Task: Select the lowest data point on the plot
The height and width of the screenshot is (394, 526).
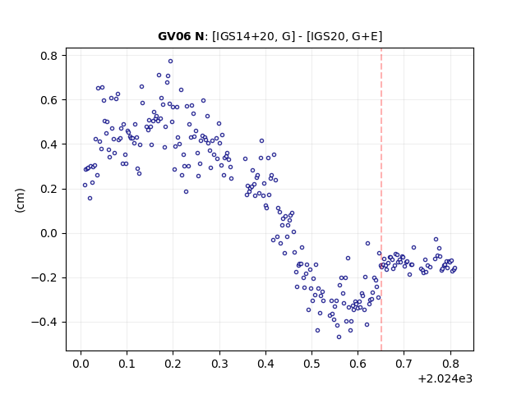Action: [x=339, y=337]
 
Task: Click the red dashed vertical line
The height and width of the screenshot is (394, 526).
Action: [x=381, y=199]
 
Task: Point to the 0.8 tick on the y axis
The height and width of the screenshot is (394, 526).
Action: [x=64, y=55]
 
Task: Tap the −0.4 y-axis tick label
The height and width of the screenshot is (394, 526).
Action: [x=44, y=323]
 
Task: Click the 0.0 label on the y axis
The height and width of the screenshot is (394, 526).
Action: [x=49, y=233]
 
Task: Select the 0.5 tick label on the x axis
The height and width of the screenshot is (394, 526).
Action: [x=311, y=364]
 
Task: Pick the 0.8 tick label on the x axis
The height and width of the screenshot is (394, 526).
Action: [x=450, y=364]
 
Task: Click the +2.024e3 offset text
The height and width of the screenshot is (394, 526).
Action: [x=445, y=378]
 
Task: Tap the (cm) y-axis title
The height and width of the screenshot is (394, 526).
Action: [x=20, y=200]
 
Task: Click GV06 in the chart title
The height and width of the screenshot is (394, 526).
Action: [x=174, y=36]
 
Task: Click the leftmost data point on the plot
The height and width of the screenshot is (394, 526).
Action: [x=85, y=185]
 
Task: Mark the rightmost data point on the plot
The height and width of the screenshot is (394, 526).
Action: [x=454, y=268]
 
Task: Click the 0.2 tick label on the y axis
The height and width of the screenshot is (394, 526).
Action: [x=49, y=189]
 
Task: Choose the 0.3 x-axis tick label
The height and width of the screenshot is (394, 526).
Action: [x=219, y=364]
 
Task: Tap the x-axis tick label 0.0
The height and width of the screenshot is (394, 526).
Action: [x=81, y=364]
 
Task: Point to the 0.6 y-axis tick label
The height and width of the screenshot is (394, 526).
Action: [x=49, y=100]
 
